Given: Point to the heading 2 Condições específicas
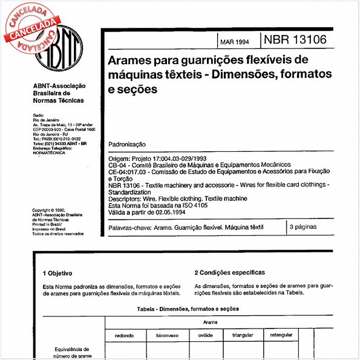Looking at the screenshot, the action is (x=229, y=272).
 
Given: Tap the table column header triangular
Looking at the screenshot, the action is (x=243, y=335).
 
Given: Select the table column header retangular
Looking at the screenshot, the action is (x=281, y=335).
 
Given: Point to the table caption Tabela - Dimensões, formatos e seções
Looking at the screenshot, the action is (x=188, y=309).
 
